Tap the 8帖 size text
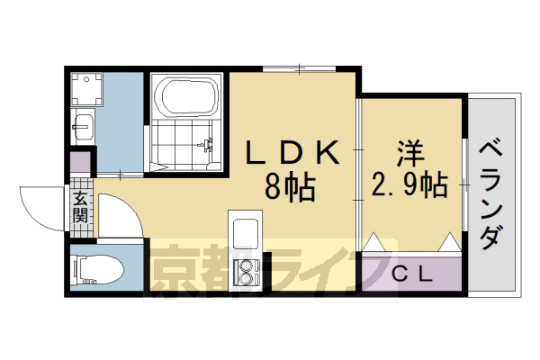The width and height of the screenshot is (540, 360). (289, 187)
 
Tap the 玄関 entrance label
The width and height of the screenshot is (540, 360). (81, 208)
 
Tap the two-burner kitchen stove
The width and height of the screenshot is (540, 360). (246, 270)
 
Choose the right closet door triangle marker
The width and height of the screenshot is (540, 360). (449, 243)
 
